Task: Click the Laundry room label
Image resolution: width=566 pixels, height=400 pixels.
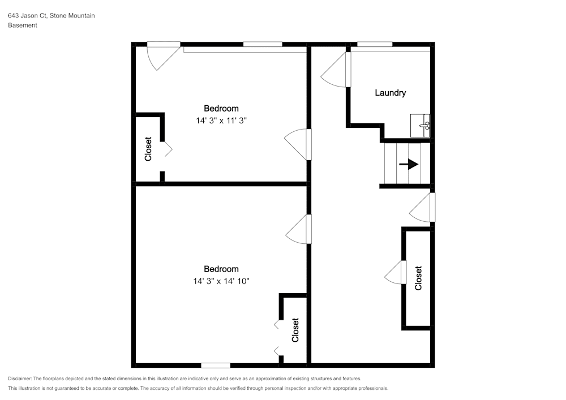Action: click(390, 93)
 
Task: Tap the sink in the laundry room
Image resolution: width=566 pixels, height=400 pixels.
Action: click(420, 126)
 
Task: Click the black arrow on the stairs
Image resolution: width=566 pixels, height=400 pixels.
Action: click(409, 165)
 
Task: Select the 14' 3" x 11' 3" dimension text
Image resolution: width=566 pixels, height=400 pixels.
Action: click(221, 121)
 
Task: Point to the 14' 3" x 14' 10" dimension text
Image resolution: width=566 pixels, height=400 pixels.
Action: click(221, 281)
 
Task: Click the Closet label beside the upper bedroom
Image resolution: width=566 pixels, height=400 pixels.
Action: click(148, 149)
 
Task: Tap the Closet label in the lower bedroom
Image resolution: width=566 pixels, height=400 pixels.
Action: click(295, 330)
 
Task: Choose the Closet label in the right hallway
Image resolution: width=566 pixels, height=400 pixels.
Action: click(418, 278)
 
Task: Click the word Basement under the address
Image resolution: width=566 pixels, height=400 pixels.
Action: click(23, 25)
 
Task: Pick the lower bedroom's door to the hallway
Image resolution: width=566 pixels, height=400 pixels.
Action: click(298, 229)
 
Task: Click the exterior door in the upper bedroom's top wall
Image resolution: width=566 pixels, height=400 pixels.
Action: click(164, 56)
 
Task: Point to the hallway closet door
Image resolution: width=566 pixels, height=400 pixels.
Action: click(395, 272)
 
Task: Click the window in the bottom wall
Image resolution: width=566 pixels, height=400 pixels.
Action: click(216, 365)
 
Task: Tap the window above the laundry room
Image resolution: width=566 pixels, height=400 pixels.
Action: click(375, 44)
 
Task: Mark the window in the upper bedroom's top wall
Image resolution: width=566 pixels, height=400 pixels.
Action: click(263, 44)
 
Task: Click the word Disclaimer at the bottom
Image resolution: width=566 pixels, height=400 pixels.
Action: click(19, 379)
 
